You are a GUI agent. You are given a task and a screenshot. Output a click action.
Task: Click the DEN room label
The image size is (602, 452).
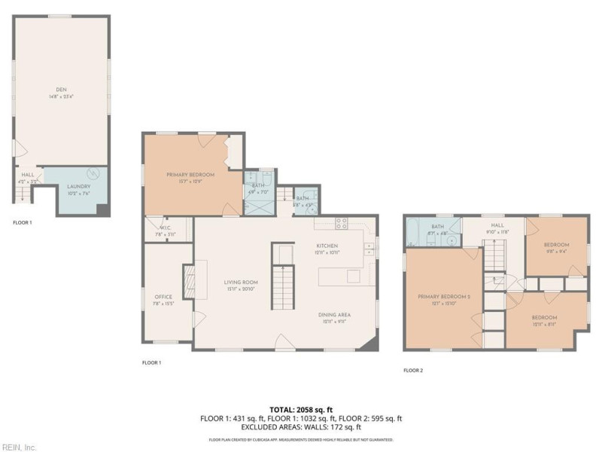click(x=61, y=90)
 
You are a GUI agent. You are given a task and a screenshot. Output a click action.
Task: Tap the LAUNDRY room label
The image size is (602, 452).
click(x=79, y=186)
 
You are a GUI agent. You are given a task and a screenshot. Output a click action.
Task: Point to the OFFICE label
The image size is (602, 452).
click(x=163, y=297)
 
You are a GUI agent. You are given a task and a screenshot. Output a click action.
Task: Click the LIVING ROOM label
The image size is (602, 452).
click(x=241, y=283)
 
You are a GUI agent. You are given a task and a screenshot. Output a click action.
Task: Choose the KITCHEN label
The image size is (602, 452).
click(x=327, y=246)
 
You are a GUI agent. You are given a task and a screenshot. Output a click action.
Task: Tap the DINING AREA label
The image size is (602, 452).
click(x=334, y=314)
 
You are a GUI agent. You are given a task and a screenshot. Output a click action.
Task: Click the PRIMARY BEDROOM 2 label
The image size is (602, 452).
click(x=444, y=297)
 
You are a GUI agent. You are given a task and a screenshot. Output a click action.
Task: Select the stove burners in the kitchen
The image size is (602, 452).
click(x=341, y=224)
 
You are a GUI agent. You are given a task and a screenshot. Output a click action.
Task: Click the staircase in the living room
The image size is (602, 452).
click(x=283, y=283)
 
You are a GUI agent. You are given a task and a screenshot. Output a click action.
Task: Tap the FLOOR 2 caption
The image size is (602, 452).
click(x=413, y=370)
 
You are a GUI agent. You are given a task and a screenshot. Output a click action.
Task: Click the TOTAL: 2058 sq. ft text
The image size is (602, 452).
click(x=301, y=409)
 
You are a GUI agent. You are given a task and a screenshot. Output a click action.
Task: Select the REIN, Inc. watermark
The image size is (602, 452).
click(x=19, y=447)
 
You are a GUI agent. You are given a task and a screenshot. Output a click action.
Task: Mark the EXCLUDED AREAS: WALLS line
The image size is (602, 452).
click(x=301, y=427)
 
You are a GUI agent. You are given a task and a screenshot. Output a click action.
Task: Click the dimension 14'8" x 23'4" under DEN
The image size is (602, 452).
click(x=61, y=96)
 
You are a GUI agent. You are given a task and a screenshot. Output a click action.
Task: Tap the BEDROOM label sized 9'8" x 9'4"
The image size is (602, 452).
click(x=557, y=245)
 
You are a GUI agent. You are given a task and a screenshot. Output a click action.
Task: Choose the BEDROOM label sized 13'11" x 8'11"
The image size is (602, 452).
click(x=544, y=317)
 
